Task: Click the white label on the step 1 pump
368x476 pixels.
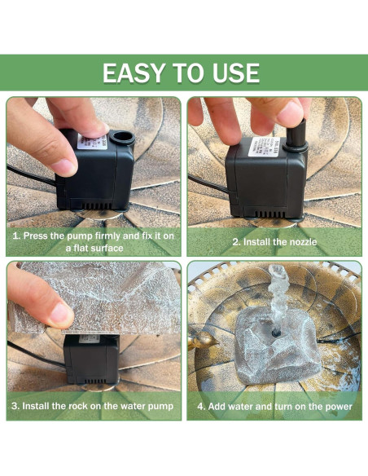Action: (x=93, y=142)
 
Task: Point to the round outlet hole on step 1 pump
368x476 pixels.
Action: (x=122, y=137)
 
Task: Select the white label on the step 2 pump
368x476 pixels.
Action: (x=264, y=147)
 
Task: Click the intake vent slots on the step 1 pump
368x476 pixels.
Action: (x=95, y=205)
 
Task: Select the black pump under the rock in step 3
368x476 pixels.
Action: (x=91, y=359)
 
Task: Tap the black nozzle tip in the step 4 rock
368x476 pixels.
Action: (x=276, y=333)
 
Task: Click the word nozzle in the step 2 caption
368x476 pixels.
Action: (x=300, y=242)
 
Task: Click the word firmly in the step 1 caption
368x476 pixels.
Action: (x=109, y=236)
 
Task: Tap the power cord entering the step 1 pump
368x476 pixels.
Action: (x=31, y=175)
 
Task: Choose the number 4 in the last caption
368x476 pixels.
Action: (x=200, y=407)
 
